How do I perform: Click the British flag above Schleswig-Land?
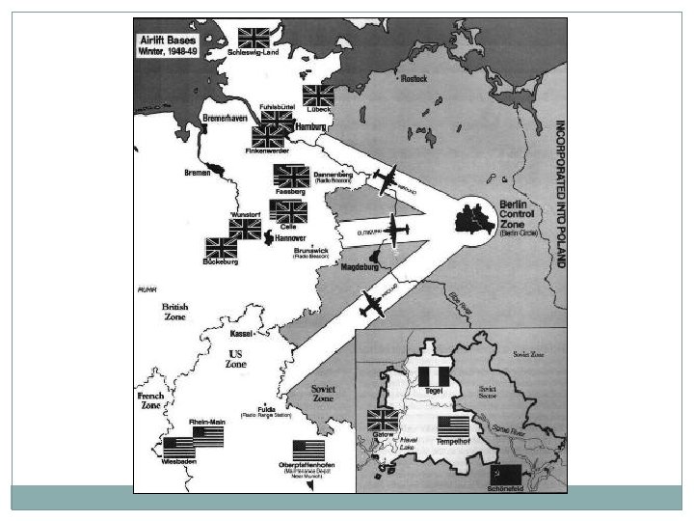(254, 38)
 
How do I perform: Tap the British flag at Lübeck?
(318, 96)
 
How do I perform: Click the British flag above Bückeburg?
(221, 248)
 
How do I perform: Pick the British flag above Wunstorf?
(245, 229)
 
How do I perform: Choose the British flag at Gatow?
(383, 420)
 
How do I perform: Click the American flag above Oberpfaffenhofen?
(308, 452)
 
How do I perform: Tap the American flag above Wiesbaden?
(178, 448)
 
